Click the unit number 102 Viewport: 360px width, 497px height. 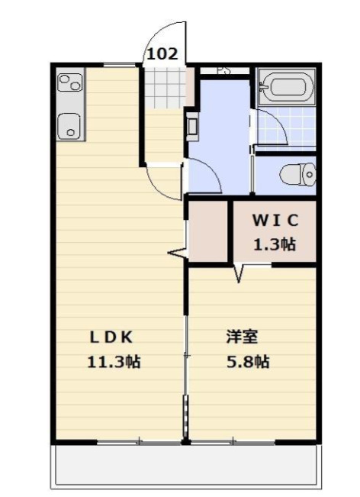tap(162, 54)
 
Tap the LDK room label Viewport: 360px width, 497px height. tap(111, 337)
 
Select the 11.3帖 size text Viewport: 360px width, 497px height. tap(114, 362)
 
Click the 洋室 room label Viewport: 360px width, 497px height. tap(243, 337)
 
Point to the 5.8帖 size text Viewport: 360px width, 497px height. tap(248, 362)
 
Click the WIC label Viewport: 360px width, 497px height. tap(275, 221)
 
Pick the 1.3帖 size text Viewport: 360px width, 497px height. tap(275, 244)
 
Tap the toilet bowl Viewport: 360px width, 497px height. tap(297, 174)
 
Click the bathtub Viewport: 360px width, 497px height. tap(287, 86)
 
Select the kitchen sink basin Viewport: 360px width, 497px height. tap(69, 126)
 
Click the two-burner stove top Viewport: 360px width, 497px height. tap(70, 82)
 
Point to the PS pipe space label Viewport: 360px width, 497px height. tap(223, 71)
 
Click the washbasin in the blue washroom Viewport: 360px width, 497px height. tap(192, 127)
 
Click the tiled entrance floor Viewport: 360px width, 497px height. tap(164, 88)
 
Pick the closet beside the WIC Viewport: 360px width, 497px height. tap(208, 231)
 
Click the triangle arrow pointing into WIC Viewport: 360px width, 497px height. tap(239, 273)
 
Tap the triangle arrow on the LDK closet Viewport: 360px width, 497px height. tap(177, 253)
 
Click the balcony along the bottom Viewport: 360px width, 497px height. tap(186, 465)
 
